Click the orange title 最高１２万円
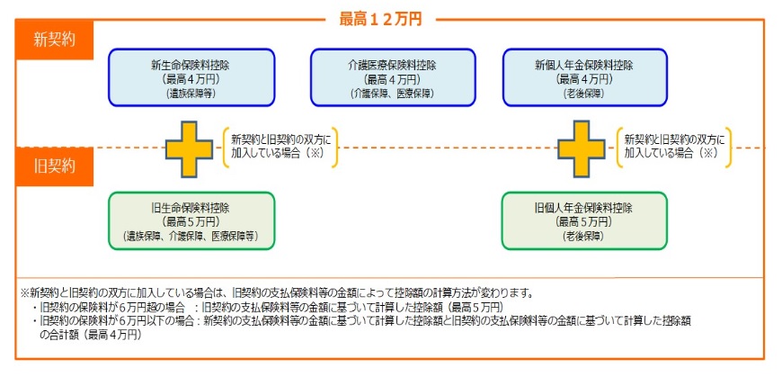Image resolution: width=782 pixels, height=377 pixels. pyautogui.click(x=380, y=19)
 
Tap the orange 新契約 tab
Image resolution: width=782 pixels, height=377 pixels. pyautogui.click(x=54, y=40)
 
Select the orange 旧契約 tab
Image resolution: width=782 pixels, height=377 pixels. pyautogui.click(x=54, y=166)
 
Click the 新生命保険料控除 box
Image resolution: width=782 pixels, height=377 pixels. pyautogui.click(x=191, y=77)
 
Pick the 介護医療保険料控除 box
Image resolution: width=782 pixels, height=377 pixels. pyautogui.click(x=393, y=77)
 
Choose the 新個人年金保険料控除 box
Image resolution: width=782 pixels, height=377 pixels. pyautogui.click(x=584, y=77)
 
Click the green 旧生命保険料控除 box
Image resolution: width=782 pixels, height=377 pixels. pyautogui.click(x=191, y=220)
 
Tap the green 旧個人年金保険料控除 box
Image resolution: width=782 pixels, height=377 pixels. pyautogui.click(x=584, y=220)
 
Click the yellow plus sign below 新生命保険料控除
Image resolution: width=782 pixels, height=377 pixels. pyautogui.click(x=189, y=148)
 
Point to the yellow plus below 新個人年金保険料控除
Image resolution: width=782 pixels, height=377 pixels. pyautogui.click(x=581, y=148)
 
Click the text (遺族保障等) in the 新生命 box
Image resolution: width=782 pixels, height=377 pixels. pyautogui.click(x=191, y=94)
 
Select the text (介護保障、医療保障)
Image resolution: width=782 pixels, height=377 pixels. pyautogui.click(x=392, y=94)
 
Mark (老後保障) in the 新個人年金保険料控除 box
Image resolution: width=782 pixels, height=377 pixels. pyautogui.click(x=584, y=94)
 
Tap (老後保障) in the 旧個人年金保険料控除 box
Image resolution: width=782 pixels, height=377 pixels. pyautogui.click(x=584, y=237)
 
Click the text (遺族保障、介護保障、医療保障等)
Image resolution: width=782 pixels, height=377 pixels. pyautogui.click(x=191, y=237)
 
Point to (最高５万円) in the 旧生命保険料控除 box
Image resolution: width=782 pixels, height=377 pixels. pyautogui.click(x=191, y=221)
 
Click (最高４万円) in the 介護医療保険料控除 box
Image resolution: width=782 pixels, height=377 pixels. pyautogui.click(x=392, y=79)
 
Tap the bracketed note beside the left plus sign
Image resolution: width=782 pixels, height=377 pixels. pyautogui.click(x=280, y=148)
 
